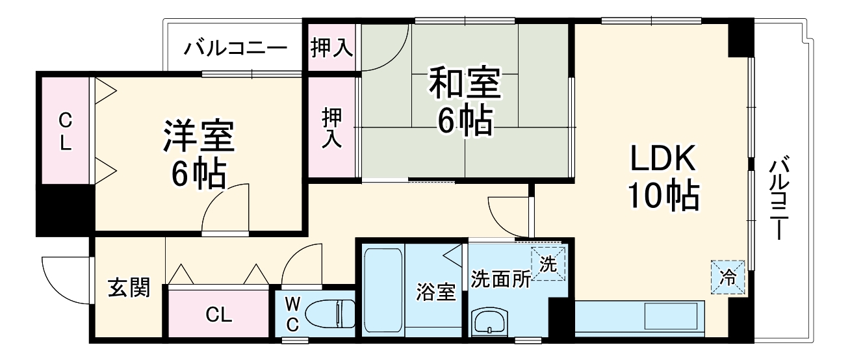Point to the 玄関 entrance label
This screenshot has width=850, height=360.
click(129, 287)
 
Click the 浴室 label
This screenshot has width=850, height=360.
click(435, 292)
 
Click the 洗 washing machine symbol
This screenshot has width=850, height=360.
click(548, 265)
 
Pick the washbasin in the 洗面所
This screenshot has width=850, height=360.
click(487, 321)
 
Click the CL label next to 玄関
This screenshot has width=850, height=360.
click(219, 315)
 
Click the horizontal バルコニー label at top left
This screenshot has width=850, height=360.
click(235, 49)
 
